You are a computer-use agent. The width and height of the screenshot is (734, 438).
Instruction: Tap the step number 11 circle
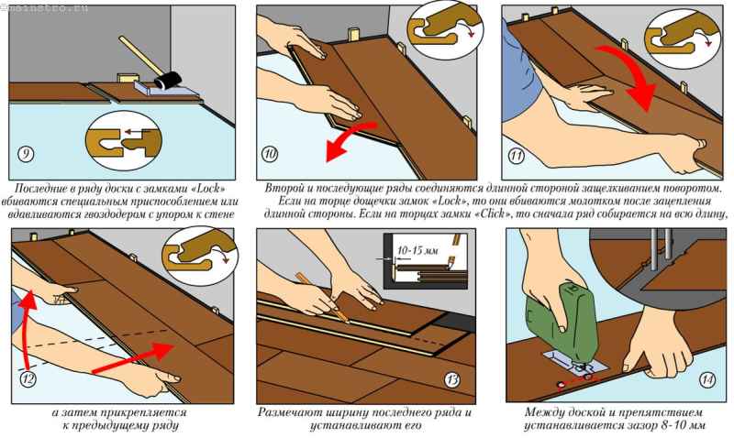click(517, 154)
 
